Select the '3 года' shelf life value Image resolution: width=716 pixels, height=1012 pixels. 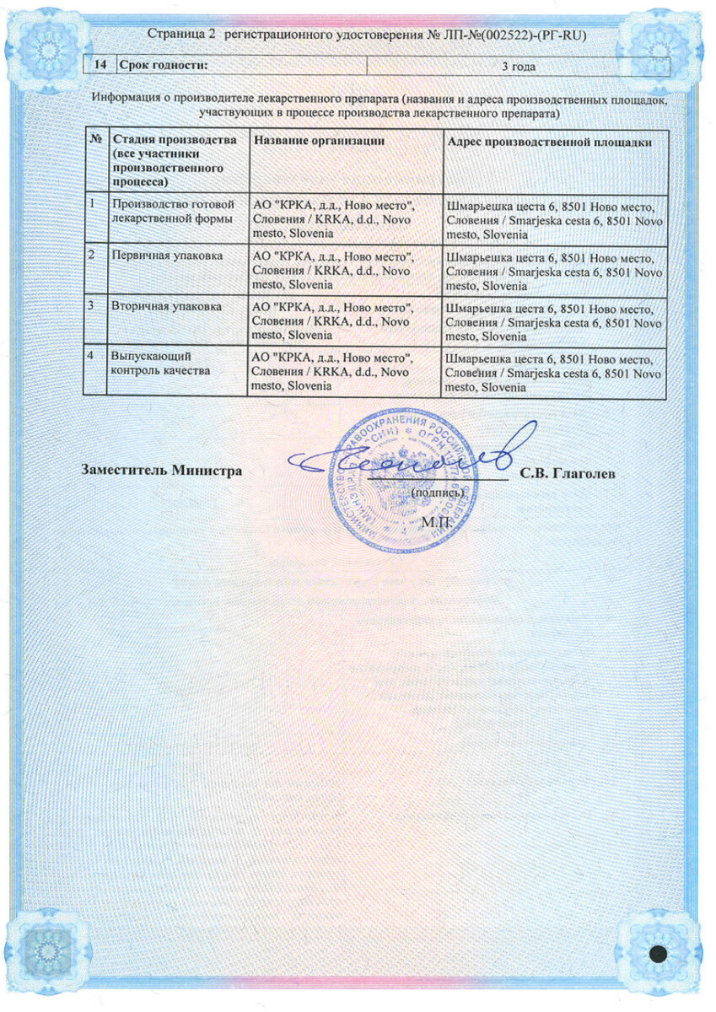tap(520, 67)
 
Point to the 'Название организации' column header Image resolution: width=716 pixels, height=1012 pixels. tap(319, 142)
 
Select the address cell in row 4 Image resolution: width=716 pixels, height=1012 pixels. tap(554, 372)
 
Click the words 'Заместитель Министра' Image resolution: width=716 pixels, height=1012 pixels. tap(161, 471)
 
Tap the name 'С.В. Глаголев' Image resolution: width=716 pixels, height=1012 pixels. tap(567, 473)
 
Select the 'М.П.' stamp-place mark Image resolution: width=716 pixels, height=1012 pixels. tap(438, 522)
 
